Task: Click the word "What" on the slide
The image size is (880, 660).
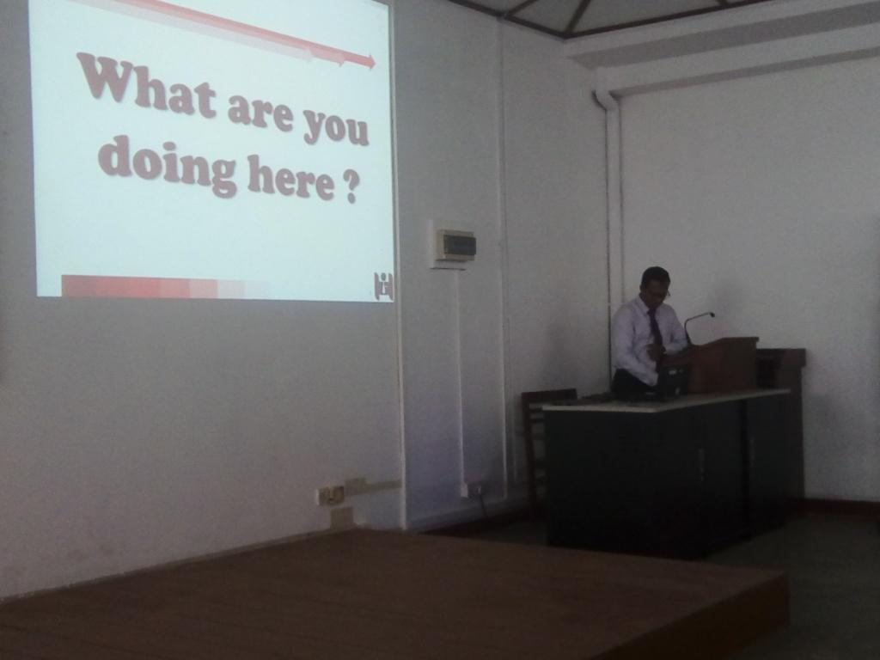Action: pyautogui.click(x=147, y=84)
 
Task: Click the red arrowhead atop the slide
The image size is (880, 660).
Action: pyautogui.click(x=368, y=61)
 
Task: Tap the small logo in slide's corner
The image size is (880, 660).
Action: pyautogui.click(x=383, y=286)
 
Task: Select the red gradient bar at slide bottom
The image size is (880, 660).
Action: pyautogui.click(x=166, y=286)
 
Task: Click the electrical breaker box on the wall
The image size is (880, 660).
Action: pyautogui.click(x=455, y=245)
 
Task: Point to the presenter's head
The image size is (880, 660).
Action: pyautogui.click(x=656, y=284)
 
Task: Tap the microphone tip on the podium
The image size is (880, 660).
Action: pyautogui.click(x=711, y=315)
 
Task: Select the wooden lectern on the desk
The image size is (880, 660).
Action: pyautogui.click(x=722, y=364)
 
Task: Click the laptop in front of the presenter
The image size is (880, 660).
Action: pyautogui.click(x=670, y=382)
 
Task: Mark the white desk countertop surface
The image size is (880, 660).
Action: pyautogui.click(x=665, y=400)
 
